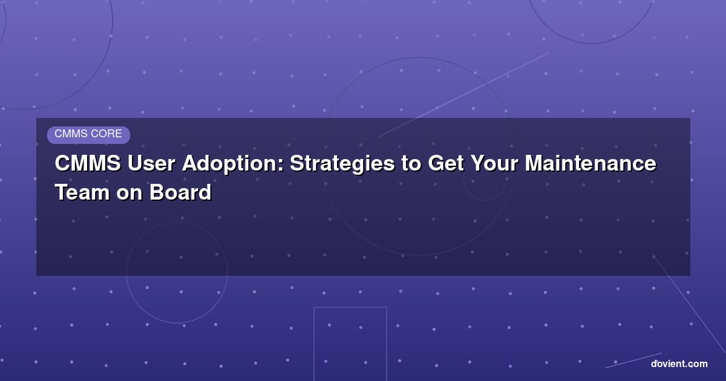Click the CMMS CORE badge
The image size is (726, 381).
click(x=88, y=135)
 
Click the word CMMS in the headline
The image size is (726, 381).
click(x=88, y=163)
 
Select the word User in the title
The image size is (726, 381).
click(x=151, y=163)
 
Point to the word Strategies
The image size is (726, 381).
click(x=342, y=164)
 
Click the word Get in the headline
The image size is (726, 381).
click(x=446, y=163)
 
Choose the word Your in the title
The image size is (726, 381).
click(x=495, y=163)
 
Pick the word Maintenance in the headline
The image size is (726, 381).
click(x=590, y=163)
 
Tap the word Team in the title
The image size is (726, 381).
click(x=83, y=192)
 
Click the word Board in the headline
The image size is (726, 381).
click(x=180, y=192)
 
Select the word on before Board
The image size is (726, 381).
click(x=129, y=194)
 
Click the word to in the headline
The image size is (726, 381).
click(x=411, y=164)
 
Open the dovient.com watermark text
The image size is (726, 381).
click(x=679, y=364)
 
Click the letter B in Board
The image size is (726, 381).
click(x=157, y=192)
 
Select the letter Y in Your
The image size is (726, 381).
click(x=479, y=163)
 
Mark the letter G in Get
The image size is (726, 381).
click(x=436, y=163)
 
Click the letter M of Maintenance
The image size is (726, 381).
click(x=534, y=163)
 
